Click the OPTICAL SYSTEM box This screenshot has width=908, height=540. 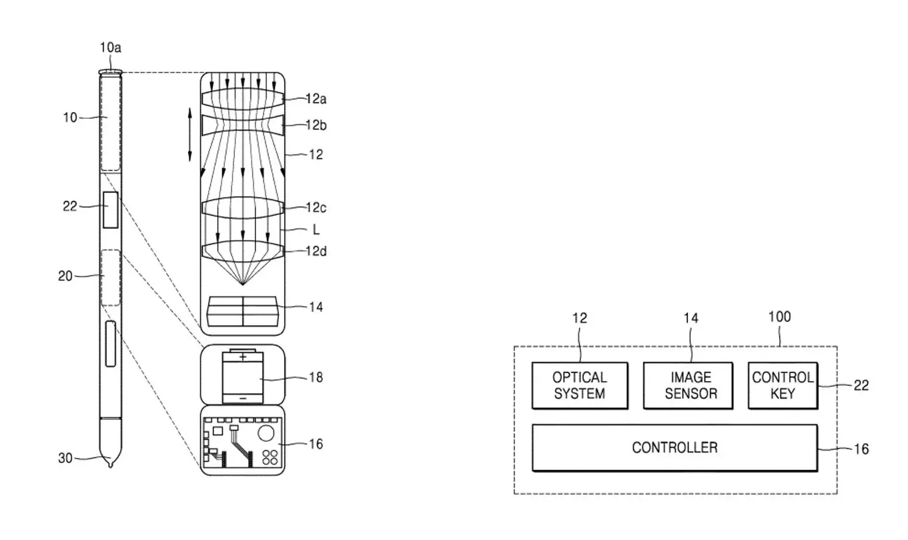click(x=580, y=385)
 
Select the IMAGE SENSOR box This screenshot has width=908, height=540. click(x=688, y=385)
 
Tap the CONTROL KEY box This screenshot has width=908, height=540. click(x=783, y=385)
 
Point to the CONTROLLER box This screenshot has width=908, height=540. click(x=675, y=448)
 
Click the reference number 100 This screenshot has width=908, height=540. click(x=779, y=317)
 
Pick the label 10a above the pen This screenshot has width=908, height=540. click(x=110, y=47)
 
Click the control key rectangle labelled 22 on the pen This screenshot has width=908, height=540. click(x=111, y=210)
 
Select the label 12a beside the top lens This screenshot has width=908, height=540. click(x=316, y=99)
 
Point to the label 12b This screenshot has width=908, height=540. click(x=316, y=125)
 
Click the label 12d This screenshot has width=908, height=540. click(x=316, y=252)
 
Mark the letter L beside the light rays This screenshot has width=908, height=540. click(x=316, y=230)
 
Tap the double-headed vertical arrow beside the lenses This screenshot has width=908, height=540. click(x=189, y=134)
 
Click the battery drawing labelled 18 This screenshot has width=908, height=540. click(x=243, y=376)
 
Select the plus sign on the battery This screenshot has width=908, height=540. click(x=243, y=357)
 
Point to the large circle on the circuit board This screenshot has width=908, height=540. click(x=266, y=433)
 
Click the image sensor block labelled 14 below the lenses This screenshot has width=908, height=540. click(x=243, y=311)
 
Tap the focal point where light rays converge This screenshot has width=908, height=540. click(x=243, y=284)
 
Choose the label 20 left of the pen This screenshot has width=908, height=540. click(x=65, y=276)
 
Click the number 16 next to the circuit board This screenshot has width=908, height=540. click(x=316, y=445)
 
